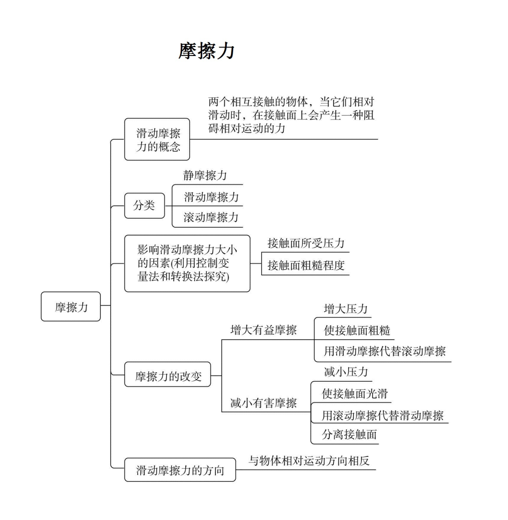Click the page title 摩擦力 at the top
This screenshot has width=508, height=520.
pyautogui.click(x=206, y=51)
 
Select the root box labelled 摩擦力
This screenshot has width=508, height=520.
pyautogui.click(x=71, y=307)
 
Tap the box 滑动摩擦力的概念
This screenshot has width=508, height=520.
pyautogui.click(x=157, y=140)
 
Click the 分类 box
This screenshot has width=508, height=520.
pyautogui.click(x=144, y=206)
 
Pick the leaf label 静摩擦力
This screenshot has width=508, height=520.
pyautogui.click(x=205, y=176)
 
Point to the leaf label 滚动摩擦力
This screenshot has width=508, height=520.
pyautogui.click(x=211, y=217)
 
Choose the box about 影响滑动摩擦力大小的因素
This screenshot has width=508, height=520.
pyautogui.click(x=187, y=263)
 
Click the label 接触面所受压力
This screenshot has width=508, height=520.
pyautogui.click(x=306, y=243)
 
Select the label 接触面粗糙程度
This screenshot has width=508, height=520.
pyautogui.click(x=306, y=265)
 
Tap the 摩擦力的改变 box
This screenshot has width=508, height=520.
pyautogui.click(x=167, y=376)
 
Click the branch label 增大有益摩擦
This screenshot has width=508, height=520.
pyautogui.click(x=263, y=330)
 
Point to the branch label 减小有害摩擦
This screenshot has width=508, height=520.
pyautogui.click(x=263, y=403)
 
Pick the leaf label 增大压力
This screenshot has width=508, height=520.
pyautogui.click(x=346, y=309)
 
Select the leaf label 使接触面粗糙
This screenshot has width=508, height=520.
pyautogui.click(x=357, y=330)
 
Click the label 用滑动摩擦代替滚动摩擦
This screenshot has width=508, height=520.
pyautogui.click(x=384, y=351)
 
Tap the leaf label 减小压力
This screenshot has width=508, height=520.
pyautogui.click(x=346, y=372)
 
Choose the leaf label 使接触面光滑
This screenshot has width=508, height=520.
pyautogui.click(x=355, y=393)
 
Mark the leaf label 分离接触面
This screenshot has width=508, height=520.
pyautogui.click(x=349, y=434)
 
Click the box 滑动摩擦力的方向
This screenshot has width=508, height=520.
pyautogui.click(x=180, y=470)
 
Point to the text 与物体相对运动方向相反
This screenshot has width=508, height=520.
pyautogui.click(x=309, y=460)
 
